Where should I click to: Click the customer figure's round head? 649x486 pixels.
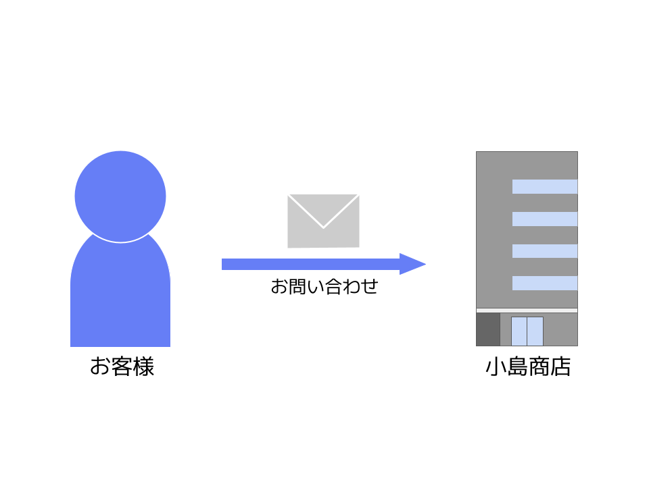120,196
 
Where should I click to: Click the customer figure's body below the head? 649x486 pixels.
120,298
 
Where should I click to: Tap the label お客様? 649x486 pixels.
122,367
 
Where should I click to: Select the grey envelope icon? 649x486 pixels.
323,221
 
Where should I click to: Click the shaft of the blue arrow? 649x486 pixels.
311,264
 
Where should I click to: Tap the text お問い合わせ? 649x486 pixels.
324,286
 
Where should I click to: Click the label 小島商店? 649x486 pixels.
528,367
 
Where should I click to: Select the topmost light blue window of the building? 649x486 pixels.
545,186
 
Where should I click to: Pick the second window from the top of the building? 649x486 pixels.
545,219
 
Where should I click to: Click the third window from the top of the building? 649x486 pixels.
545,251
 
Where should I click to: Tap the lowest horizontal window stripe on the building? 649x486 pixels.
545,283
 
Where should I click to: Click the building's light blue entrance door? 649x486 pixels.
527,331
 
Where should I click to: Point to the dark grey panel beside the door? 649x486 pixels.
488,329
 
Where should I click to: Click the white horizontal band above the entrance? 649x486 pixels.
527,310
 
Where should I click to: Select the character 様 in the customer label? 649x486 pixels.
143,367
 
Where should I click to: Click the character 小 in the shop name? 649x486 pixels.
496,367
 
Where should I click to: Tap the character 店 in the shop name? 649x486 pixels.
560,367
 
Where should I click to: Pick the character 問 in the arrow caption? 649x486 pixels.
297,286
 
